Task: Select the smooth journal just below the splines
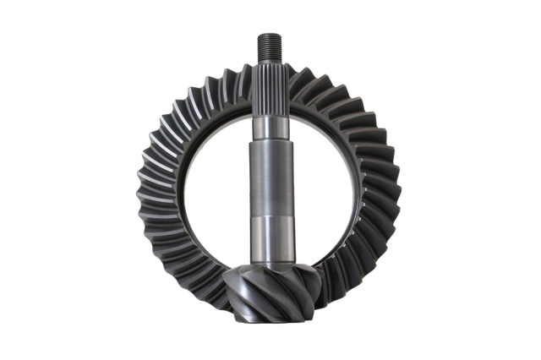tap(270, 127)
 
